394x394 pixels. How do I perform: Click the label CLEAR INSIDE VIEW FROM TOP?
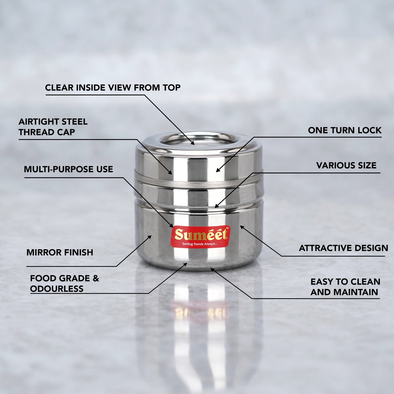113,88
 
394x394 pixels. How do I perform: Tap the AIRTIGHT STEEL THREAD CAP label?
53,127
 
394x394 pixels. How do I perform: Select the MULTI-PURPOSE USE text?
68,169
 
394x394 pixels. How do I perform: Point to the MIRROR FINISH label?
60,252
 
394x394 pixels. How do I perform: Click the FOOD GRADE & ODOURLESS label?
64,283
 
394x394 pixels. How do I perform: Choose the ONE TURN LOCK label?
345,130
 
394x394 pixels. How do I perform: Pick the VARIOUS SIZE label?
346,165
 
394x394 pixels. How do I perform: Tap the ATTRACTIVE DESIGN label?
343,248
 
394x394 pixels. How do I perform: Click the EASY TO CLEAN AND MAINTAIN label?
345,287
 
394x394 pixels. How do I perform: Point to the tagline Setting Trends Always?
200,244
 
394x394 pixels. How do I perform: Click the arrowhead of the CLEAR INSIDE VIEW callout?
193,143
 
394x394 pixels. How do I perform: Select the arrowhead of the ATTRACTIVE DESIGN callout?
241,227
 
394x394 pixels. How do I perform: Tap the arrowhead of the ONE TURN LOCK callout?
217,171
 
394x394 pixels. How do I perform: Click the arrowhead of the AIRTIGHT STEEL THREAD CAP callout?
171,173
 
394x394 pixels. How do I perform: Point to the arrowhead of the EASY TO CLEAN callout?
212,269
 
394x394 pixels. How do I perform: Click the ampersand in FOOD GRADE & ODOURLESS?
96,278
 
